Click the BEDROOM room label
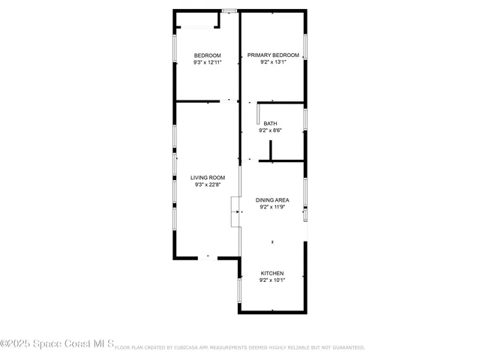coord(208,55)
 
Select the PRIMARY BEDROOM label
coord(274,55)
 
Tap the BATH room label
coord(270,124)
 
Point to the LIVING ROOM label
coord(208,178)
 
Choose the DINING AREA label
coord(272,200)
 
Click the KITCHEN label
coord(272,273)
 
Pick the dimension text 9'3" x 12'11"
coord(208,63)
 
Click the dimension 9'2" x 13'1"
coord(274,63)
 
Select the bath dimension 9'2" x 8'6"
coord(270,131)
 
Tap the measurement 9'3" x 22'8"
coord(208,185)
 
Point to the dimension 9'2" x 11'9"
coord(272,208)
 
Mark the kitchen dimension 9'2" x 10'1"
coord(272,280)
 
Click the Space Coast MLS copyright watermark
coord(57,344)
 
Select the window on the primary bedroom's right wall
coord(305,47)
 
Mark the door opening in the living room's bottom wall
coord(208,257)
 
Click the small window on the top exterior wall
coord(230,10)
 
